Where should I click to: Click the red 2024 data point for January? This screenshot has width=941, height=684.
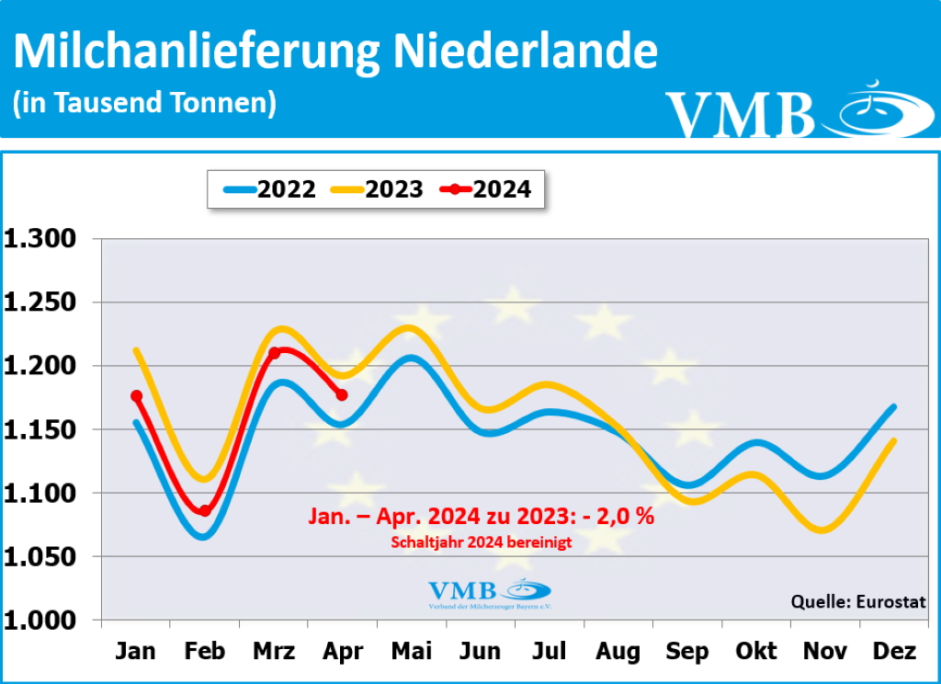[x=137, y=396]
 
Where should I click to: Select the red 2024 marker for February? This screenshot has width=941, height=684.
[x=205, y=511]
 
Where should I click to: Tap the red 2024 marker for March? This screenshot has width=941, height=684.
[x=274, y=353]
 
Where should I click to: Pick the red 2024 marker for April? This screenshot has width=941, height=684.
[x=342, y=394]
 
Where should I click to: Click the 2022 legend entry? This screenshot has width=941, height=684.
[x=269, y=189]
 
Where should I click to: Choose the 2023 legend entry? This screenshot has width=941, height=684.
[x=377, y=189]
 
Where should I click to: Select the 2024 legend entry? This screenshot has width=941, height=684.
[x=485, y=189]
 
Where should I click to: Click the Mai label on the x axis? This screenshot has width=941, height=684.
[x=411, y=652]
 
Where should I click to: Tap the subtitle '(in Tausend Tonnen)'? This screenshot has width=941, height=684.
[x=144, y=102]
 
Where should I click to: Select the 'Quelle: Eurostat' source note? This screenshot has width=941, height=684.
[x=858, y=602]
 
